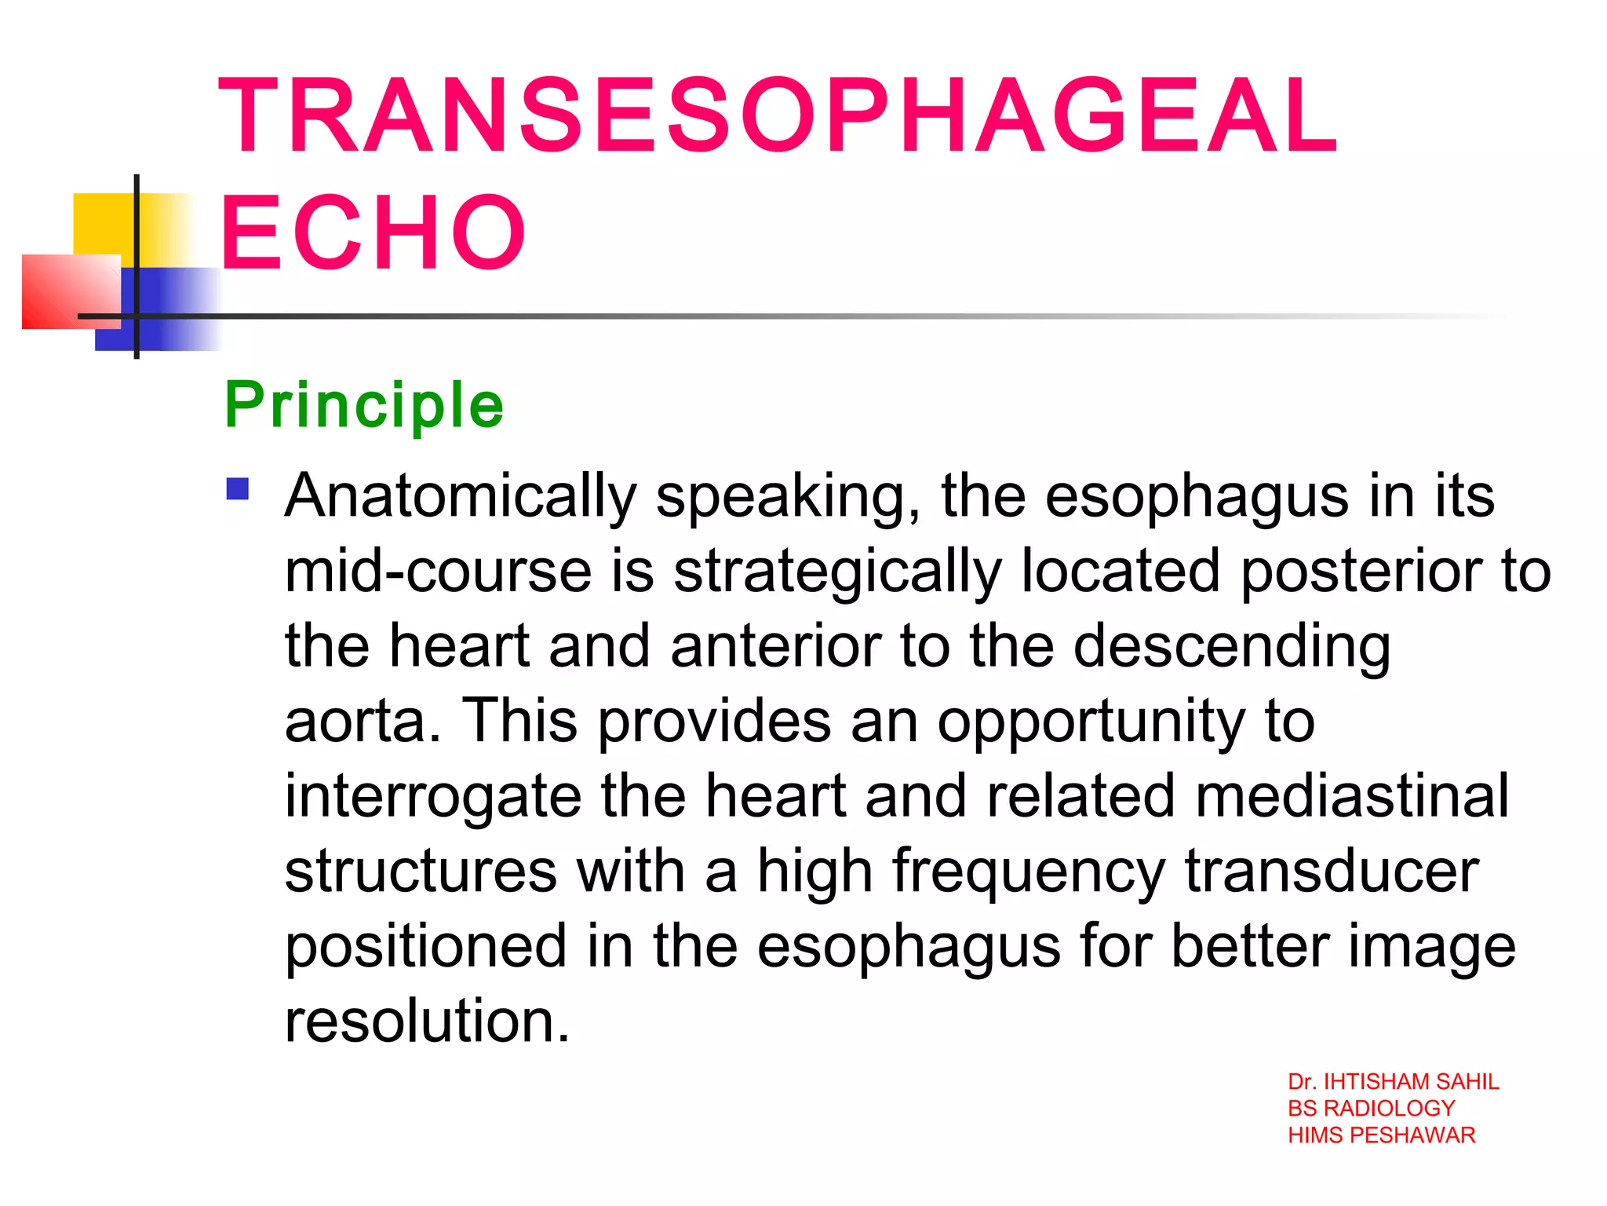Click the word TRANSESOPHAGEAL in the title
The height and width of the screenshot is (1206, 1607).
[777, 115]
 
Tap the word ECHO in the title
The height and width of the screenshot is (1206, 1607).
[374, 233]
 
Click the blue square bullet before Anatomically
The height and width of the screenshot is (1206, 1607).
[238, 489]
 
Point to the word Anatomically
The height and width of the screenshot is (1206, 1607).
[461, 496]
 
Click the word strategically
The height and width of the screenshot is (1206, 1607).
[837, 572]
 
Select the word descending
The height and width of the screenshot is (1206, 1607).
[1231, 647]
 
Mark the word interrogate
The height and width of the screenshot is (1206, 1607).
[433, 797]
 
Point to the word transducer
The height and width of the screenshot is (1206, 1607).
[1332, 871]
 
